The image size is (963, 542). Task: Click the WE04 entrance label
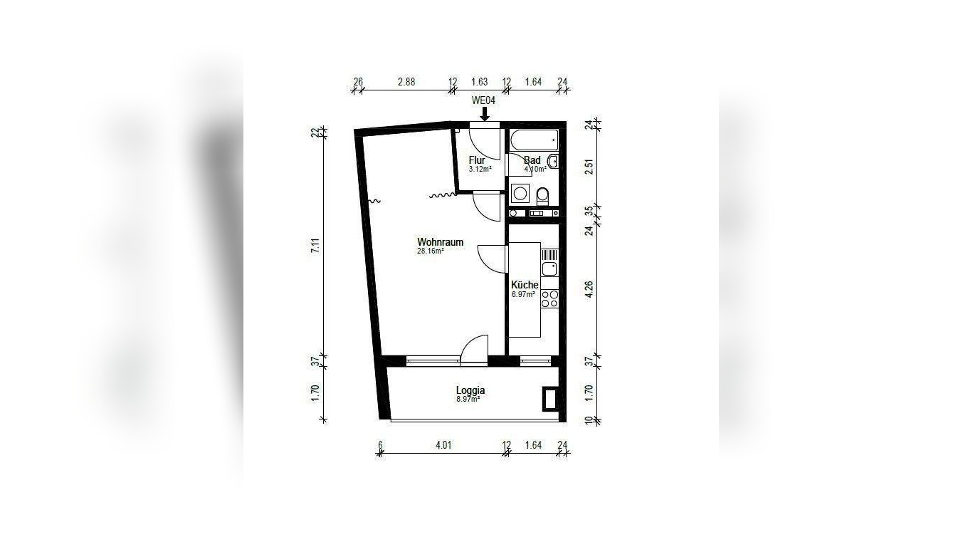483,101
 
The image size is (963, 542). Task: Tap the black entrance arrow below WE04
484,114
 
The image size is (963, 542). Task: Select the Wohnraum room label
440,242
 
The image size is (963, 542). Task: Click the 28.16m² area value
431,251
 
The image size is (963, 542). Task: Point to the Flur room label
477,160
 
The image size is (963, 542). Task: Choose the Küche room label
525,285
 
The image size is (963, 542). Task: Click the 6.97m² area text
522,294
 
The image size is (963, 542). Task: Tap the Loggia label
470,390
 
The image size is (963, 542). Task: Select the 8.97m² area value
468,400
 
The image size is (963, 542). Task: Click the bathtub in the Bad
534,140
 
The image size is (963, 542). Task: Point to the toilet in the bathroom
543,194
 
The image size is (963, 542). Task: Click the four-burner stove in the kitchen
549,298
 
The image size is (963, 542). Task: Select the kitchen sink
549,269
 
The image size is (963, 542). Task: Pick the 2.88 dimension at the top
406,82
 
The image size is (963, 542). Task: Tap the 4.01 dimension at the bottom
443,446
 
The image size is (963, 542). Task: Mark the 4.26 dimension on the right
589,291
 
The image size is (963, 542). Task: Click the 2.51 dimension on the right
589,167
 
